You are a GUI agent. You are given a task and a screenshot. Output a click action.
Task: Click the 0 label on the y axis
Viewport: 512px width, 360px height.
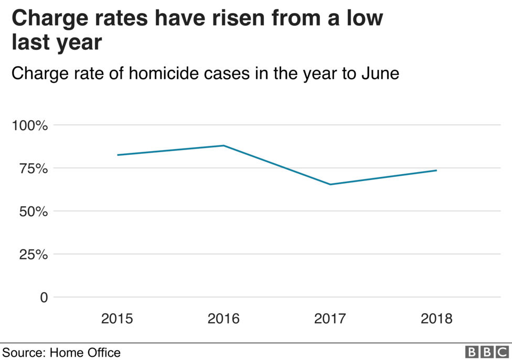(x=44, y=298)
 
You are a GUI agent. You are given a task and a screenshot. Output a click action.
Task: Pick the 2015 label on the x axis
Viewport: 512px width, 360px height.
(x=118, y=319)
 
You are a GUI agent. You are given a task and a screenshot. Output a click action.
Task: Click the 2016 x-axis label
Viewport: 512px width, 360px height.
(x=224, y=319)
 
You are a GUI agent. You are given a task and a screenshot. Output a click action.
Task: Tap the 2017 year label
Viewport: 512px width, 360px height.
(x=330, y=319)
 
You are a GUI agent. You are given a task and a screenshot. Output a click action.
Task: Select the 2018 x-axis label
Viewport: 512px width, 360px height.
(x=436, y=319)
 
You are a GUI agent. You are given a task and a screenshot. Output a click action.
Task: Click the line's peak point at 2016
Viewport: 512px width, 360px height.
(x=224, y=145)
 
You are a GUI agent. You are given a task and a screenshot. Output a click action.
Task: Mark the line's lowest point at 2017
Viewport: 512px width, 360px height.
(x=330, y=184)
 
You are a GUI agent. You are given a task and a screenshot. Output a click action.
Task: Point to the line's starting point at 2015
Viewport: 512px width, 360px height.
(x=118, y=155)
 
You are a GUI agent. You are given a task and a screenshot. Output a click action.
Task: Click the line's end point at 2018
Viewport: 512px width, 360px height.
(x=436, y=170)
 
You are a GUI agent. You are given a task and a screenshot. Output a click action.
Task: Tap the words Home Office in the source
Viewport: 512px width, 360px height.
(x=85, y=352)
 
